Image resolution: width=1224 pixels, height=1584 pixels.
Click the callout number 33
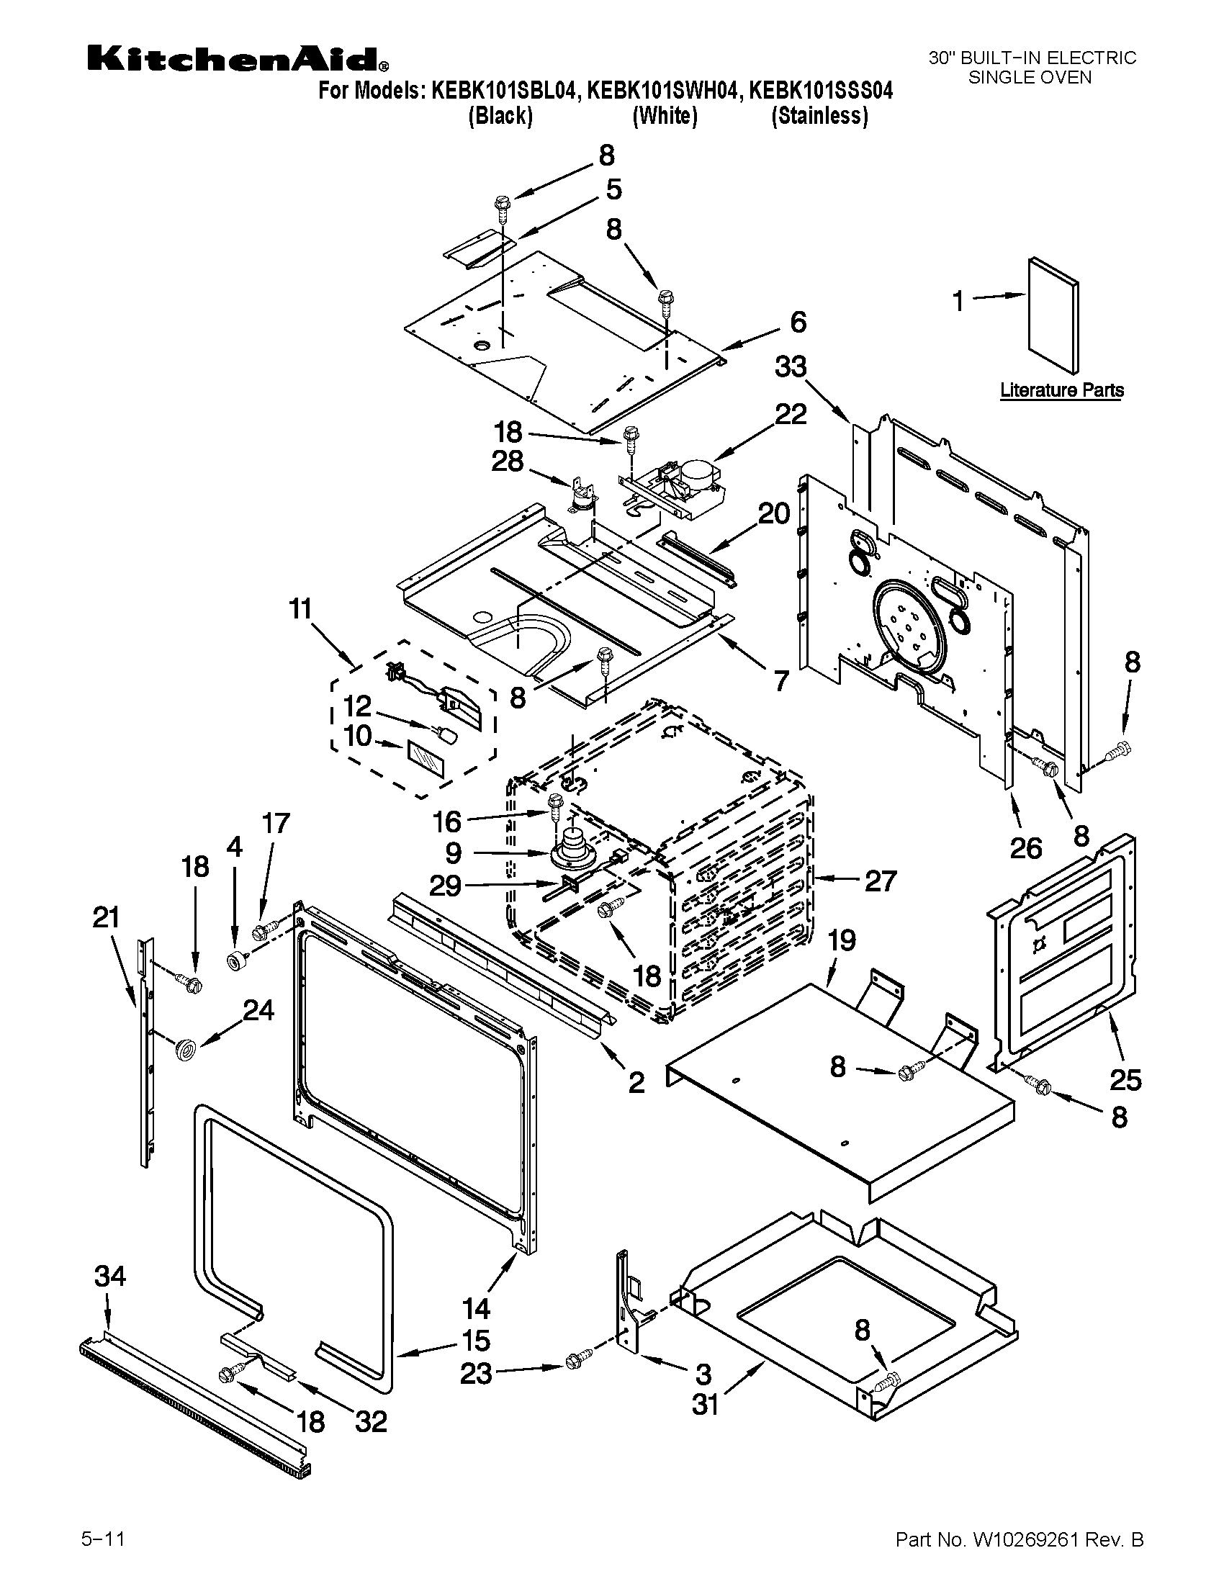(x=790, y=367)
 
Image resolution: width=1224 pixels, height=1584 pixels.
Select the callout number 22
(x=791, y=415)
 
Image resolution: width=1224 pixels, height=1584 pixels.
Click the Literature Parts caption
(x=1061, y=390)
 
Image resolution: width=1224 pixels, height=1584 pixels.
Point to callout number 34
(x=110, y=1276)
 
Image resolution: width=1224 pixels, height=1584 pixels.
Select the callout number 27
(x=881, y=881)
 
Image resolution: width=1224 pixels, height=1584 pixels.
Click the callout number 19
(x=842, y=941)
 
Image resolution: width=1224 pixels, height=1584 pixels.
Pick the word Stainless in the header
(x=819, y=116)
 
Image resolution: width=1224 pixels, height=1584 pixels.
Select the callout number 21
(x=106, y=919)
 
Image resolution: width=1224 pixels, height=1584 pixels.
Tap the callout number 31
(x=705, y=1405)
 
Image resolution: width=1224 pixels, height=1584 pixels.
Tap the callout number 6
(x=798, y=322)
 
